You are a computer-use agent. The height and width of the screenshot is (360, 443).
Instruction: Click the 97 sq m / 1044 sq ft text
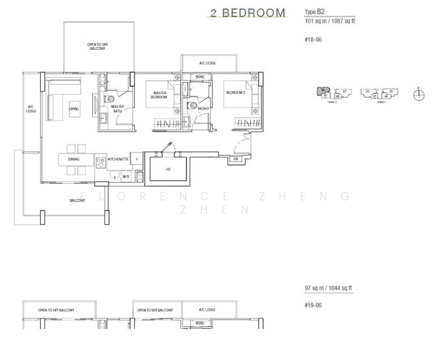click(329, 289)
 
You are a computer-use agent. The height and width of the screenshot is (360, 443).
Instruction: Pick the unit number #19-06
click(313, 305)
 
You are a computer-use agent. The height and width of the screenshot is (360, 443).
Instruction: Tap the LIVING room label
click(74, 109)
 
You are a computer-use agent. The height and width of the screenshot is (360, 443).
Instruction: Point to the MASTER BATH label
click(117, 109)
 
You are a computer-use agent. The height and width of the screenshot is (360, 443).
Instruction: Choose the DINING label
click(73, 159)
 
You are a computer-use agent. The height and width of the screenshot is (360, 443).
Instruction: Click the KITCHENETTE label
click(119, 159)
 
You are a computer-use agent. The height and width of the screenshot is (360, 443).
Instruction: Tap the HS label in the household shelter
click(168, 169)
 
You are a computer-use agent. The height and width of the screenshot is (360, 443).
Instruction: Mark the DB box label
click(236, 159)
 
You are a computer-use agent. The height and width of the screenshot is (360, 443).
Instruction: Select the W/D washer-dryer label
click(126, 176)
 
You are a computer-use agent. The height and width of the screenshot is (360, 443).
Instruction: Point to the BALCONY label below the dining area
click(77, 200)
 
